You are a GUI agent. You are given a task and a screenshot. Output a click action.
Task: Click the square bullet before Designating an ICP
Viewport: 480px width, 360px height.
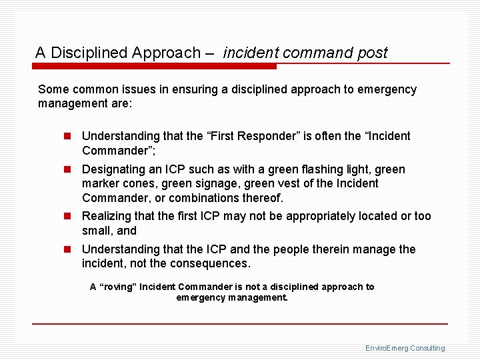pyautogui.click(x=67, y=170)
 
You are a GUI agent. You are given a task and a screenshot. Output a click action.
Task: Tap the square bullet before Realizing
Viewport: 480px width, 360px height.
pyautogui.click(x=67, y=216)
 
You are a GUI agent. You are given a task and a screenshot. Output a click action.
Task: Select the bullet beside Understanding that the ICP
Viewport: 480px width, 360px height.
pyautogui.click(x=67, y=249)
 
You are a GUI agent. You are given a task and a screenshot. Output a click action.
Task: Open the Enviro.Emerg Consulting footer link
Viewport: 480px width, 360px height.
pyautogui.click(x=405, y=348)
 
